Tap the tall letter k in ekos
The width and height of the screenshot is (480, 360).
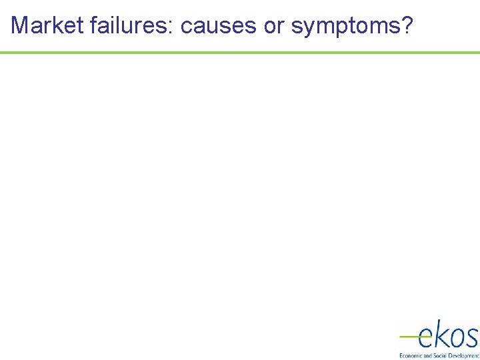pos(441,333)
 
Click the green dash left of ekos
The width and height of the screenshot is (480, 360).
pos(408,337)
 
